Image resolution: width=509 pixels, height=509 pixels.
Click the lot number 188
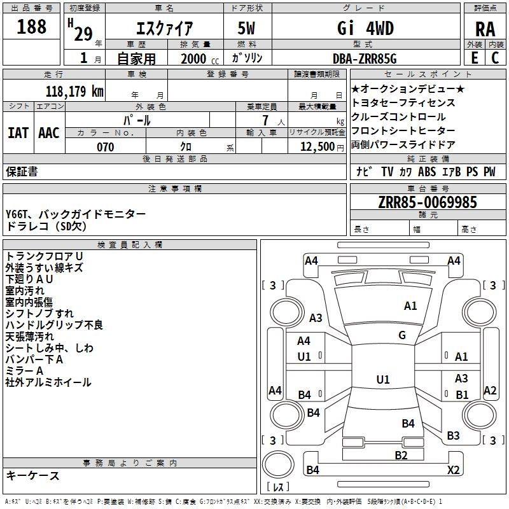click(x=31, y=26)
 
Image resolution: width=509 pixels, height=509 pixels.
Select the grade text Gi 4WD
click(x=365, y=28)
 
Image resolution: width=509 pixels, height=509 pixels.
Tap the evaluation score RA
click(x=485, y=29)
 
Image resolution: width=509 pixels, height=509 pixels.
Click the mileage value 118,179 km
click(x=74, y=92)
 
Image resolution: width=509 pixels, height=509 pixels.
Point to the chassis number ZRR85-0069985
click(x=428, y=202)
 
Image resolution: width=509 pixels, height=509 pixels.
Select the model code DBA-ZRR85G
click(x=365, y=59)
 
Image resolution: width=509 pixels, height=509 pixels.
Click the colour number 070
click(x=106, y=147)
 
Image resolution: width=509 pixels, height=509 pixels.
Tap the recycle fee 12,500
click(x=317, y=147)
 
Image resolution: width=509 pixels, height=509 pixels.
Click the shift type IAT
click(x=18, y=133)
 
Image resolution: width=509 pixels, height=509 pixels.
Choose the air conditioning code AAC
click(x=49, y=133)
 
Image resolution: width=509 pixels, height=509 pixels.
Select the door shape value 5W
click(x=246, y=28)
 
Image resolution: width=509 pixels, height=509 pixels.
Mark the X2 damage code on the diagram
click(x=453, y=470)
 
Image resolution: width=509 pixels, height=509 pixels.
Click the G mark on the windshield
click(x=402, y=335)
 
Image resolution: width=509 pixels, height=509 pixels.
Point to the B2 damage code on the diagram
click(x=401, y=456)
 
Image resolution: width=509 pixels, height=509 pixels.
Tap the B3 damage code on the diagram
click(x=453, y=436)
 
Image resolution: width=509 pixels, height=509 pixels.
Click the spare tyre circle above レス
click(x=278, y=464)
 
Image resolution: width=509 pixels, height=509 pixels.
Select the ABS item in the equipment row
click(x=427, y=172)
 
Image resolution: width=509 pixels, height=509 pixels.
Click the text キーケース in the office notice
click(x=32, y=475)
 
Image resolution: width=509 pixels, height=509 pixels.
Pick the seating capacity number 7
click(x=265, y=120)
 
